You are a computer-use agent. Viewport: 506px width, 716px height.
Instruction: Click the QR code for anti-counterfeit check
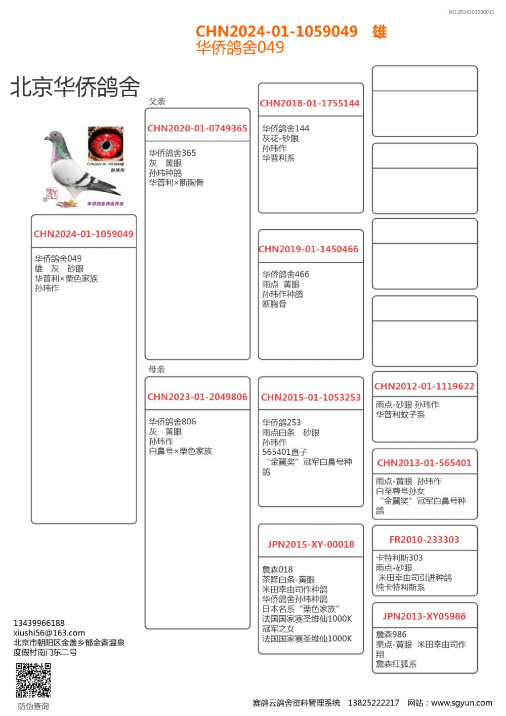pyautogui.click(x=33, y=680)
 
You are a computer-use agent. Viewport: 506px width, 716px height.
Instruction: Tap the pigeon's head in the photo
pyautogui.click(x=54, y=137)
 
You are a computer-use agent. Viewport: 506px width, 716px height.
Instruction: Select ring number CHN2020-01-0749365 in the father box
pyautogui.click(x=197, y=129)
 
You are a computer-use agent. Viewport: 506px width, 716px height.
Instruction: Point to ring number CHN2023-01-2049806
pyautogui.click(x=197, y=397)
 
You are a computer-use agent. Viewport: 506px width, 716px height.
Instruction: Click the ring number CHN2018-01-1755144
pyautogui.click(x=310, y=103)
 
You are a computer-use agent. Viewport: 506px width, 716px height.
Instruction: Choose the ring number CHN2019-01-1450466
pyautogui.click(x=309, y=249)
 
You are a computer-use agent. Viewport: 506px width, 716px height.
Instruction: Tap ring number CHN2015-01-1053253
pyautogui.click(x=311, y=397)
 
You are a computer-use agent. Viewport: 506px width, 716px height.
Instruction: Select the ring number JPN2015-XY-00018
pyautogui.click(x=311, y=544)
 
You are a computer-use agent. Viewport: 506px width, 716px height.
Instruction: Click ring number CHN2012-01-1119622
pyautogui.click(x=425, y=386)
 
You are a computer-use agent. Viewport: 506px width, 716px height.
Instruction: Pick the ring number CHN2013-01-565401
pyautogui.click(x=424, y=463)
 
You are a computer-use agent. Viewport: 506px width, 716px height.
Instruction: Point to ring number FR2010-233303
pyautogui.click(x=424, y=540)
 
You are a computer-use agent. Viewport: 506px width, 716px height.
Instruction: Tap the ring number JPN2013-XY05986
pyautogui.click(x=424, y=616)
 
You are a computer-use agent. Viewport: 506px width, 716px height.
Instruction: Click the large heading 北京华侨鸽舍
pyautogui.click(x=75, y=87)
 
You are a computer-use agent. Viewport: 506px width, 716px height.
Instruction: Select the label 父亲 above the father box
pyautogui.click(x=157, y=101)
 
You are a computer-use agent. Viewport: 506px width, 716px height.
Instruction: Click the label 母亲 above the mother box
pyautogui.click(x=157, y=369)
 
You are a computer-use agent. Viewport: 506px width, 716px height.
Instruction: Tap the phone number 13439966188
pyautogui.click(x=39, y=623)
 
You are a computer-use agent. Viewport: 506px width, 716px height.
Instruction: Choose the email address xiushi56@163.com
pyautogui.click(x=49, y=632)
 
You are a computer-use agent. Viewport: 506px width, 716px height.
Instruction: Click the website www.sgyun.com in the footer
pyautogui.click(x=461, y=703)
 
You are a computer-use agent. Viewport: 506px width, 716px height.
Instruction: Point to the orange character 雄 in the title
pyautogui.click(x=379, y=32)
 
